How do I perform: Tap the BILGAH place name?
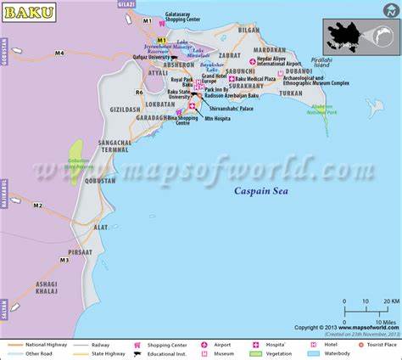[x=248, y=29]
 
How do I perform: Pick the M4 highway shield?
[x=59, y=53]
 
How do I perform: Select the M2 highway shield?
[x=37, y=205]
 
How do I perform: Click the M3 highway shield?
[x=64, y=260]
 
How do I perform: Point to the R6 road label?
[x=139, y=92]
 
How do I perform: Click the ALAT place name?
[x=101, y=228]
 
